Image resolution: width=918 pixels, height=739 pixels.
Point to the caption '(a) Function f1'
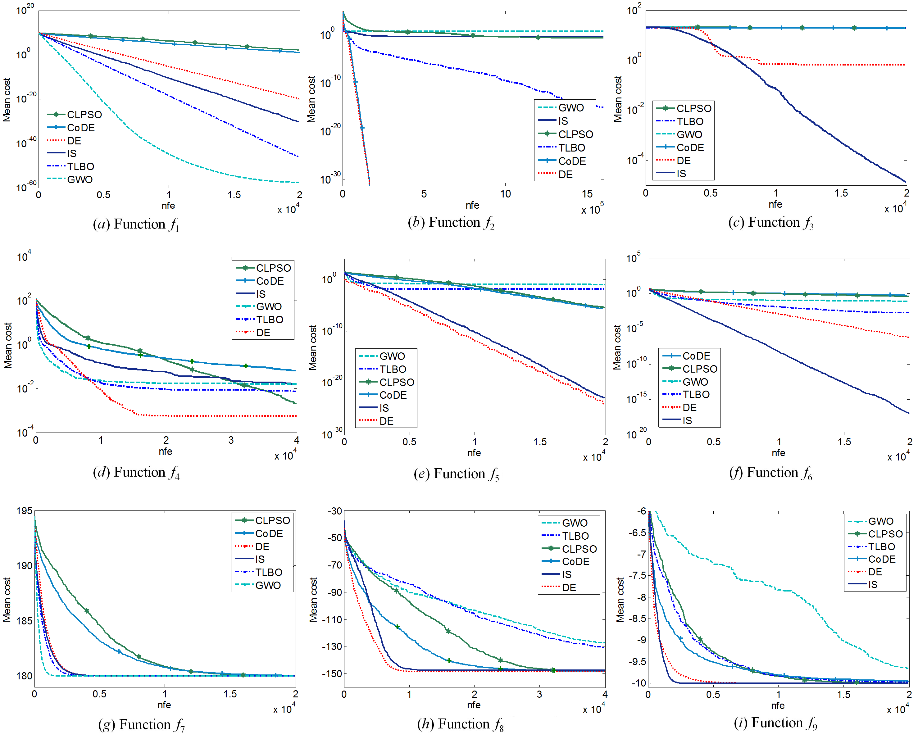point(136,224)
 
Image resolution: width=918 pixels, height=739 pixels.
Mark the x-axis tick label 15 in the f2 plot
point(587,194)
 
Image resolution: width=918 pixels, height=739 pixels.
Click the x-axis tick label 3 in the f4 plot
point(231,440)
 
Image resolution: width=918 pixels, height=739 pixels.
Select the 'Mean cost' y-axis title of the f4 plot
point(8,345)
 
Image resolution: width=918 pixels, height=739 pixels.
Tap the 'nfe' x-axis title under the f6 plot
point(778,453)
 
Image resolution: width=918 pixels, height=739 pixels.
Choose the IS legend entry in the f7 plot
point(260,559)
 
